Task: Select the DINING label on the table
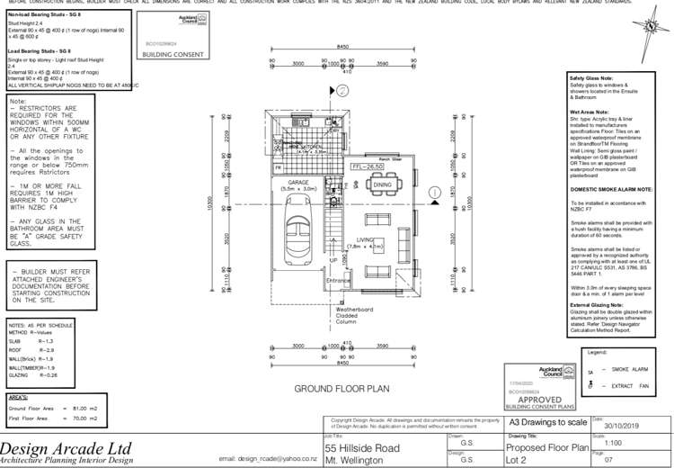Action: click(x=383, y=184)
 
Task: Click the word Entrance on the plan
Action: click(x=339, y=280)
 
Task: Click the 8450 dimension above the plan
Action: click(x=342, y=47)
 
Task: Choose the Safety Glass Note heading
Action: click(x=591, y=78)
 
